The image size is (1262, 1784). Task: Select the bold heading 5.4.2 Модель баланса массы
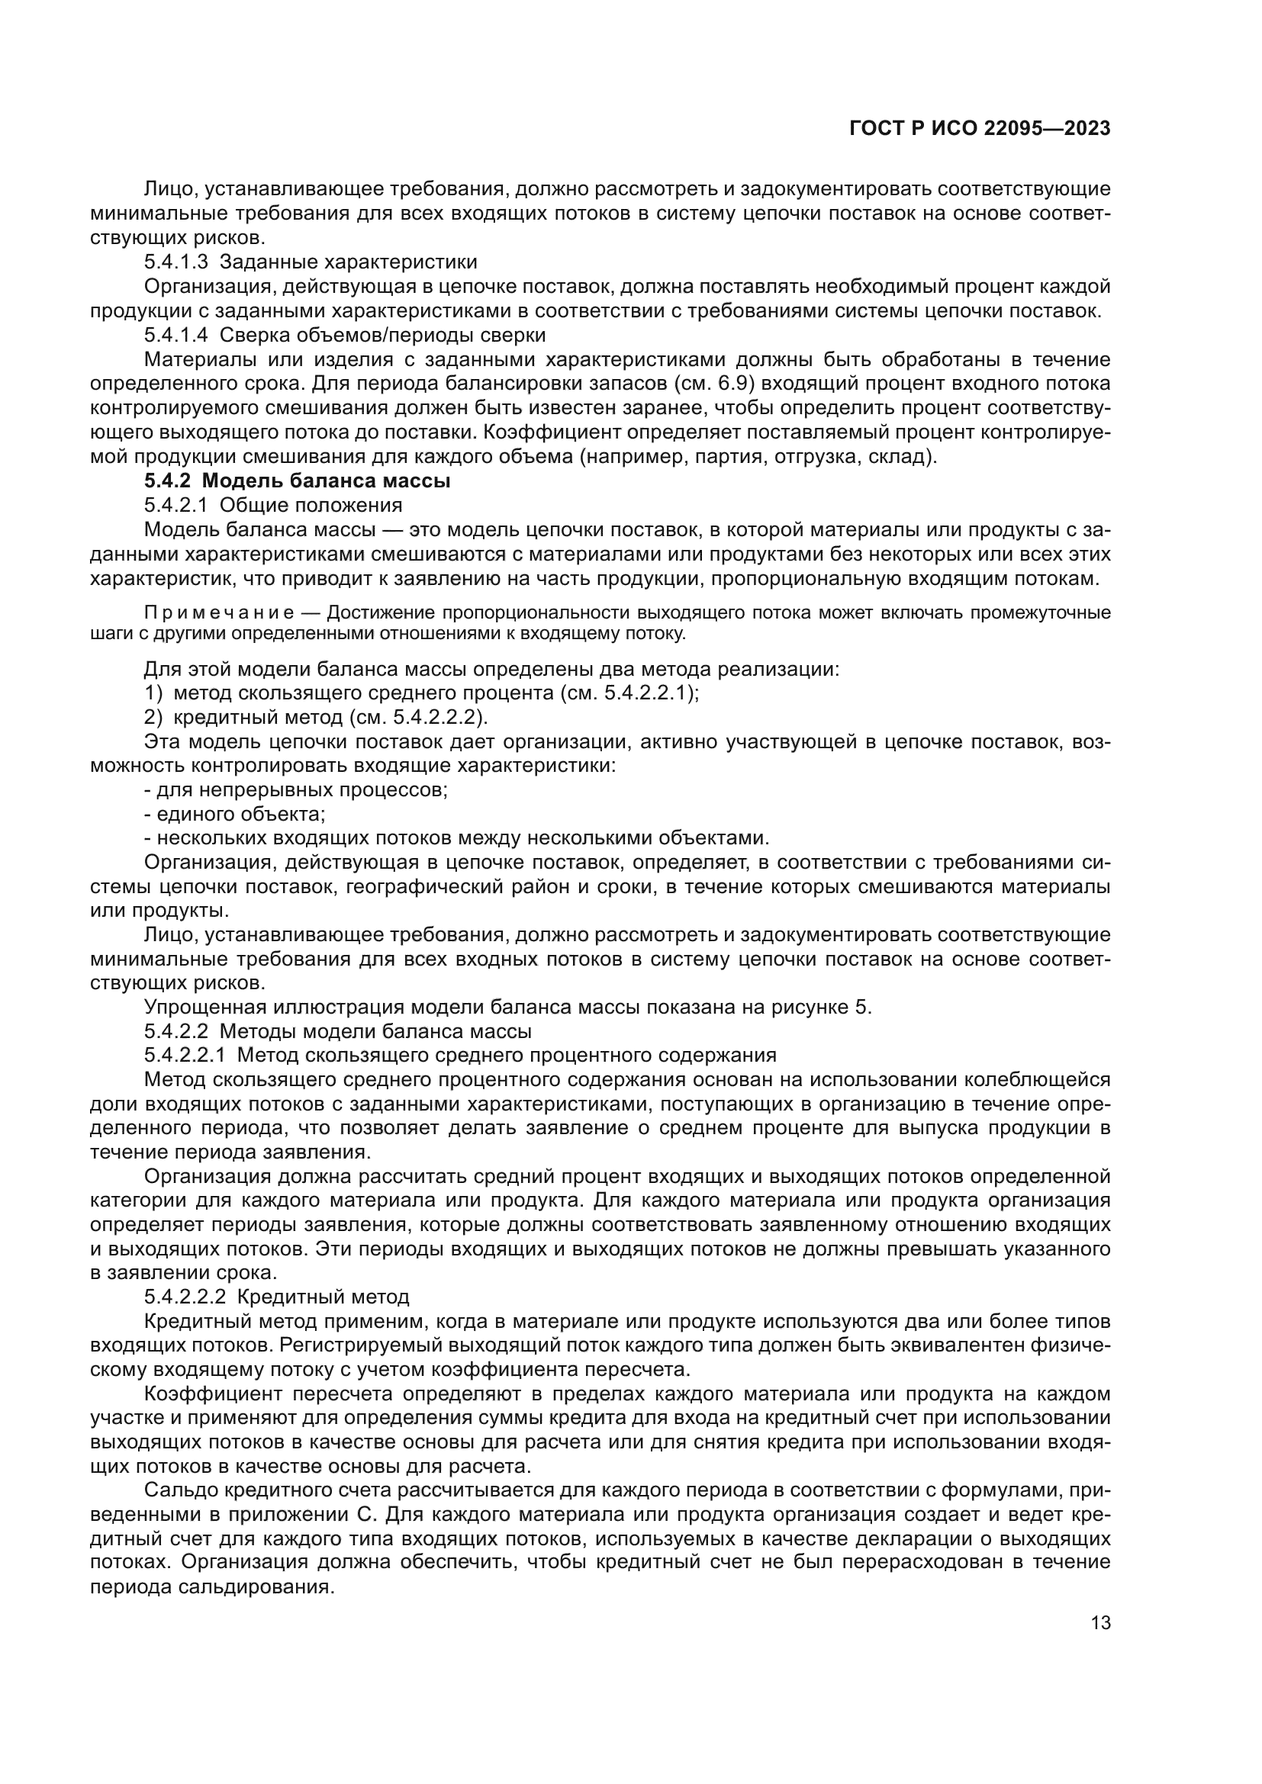point(297,481)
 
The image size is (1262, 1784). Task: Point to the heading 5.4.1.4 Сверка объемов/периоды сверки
point(344,335)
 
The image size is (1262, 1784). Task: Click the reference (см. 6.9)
point(707,383)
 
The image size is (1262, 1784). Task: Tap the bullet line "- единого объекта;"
point(234,814)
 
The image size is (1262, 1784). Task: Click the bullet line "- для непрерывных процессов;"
point(295,789)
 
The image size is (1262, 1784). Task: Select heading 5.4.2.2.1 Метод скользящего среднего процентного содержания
point(459,1055)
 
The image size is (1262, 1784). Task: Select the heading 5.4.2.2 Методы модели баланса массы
point(337,1031)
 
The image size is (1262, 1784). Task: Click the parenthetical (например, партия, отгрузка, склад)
point(757,456)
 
